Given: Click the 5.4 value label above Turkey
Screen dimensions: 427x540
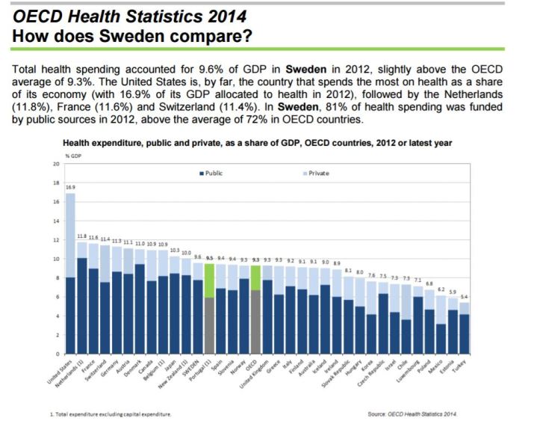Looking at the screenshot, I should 465,298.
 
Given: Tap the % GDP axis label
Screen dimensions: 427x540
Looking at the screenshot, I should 71,155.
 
